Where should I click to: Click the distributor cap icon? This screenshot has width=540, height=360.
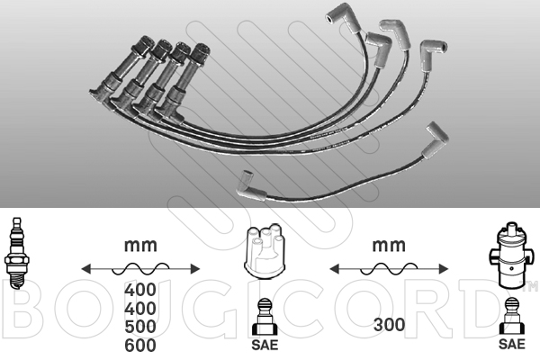(x=265, y=252)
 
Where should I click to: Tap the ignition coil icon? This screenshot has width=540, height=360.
(x=512, y=256)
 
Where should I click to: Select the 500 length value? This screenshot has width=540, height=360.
(x=140, y=327)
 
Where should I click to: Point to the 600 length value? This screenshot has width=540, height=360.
(x=140, y=346)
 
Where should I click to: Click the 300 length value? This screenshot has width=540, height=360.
(x=389, y=325)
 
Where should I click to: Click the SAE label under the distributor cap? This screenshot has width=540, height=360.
(x=265, y=345)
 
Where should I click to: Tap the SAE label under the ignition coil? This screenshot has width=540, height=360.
(x=512, y=344)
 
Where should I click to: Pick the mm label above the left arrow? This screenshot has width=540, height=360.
(x=140, y=246)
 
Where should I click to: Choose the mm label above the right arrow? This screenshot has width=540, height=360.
(x=389, y=246)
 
